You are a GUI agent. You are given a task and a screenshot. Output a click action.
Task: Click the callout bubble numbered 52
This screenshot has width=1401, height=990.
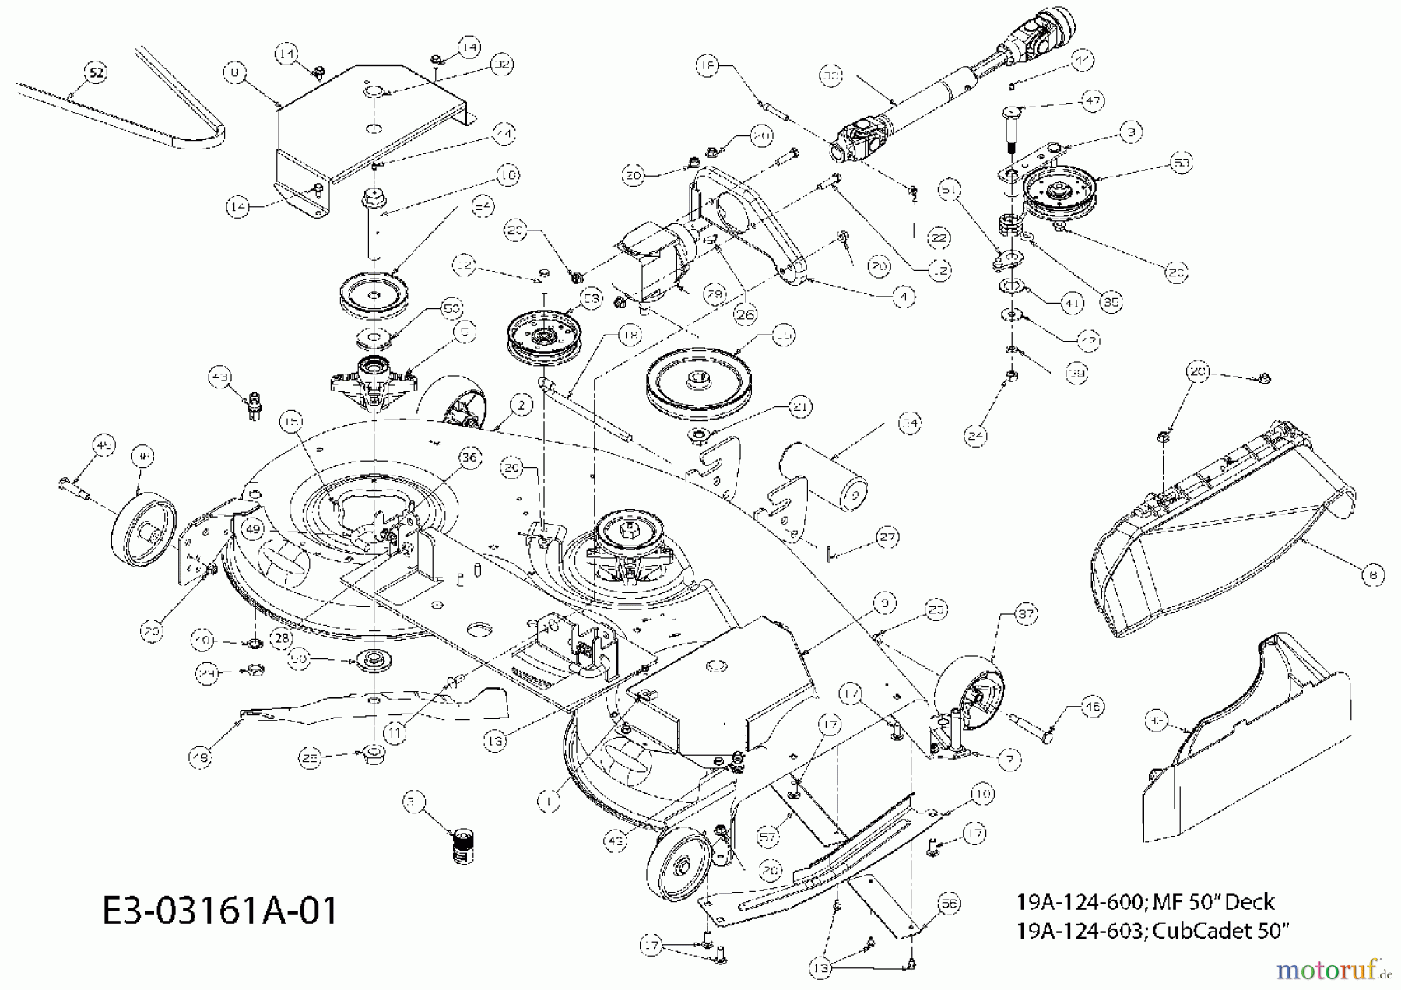point(95,73)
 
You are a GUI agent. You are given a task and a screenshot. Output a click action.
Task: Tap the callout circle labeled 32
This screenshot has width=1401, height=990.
point(502,65)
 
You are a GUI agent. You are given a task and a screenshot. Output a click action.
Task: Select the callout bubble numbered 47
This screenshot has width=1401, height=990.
point(1094,101)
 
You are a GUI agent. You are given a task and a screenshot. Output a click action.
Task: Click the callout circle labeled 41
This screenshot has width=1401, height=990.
point(1073,304)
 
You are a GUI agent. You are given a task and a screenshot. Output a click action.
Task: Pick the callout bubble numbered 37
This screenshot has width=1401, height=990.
point(1027,614)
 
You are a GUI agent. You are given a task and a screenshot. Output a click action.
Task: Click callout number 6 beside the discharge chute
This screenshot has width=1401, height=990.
point(1373,574)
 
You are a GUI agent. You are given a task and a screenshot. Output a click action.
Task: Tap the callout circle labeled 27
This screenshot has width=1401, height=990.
point(887,537)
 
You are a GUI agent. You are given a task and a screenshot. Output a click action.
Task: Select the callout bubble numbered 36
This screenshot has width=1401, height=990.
point(469,458)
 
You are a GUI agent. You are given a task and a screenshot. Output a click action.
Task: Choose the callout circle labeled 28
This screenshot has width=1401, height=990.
point(281,637)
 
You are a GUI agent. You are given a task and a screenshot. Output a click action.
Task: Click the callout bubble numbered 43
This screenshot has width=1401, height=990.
point(220,377)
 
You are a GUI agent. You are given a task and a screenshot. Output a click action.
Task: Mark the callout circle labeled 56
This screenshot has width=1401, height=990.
point(950,904)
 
